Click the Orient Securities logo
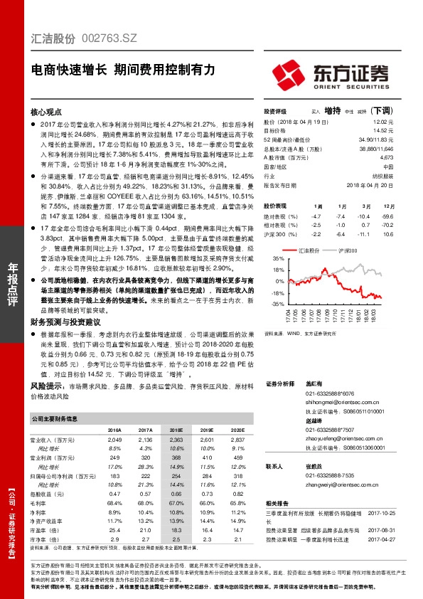333,74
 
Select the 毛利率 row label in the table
39,503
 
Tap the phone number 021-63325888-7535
324,475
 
